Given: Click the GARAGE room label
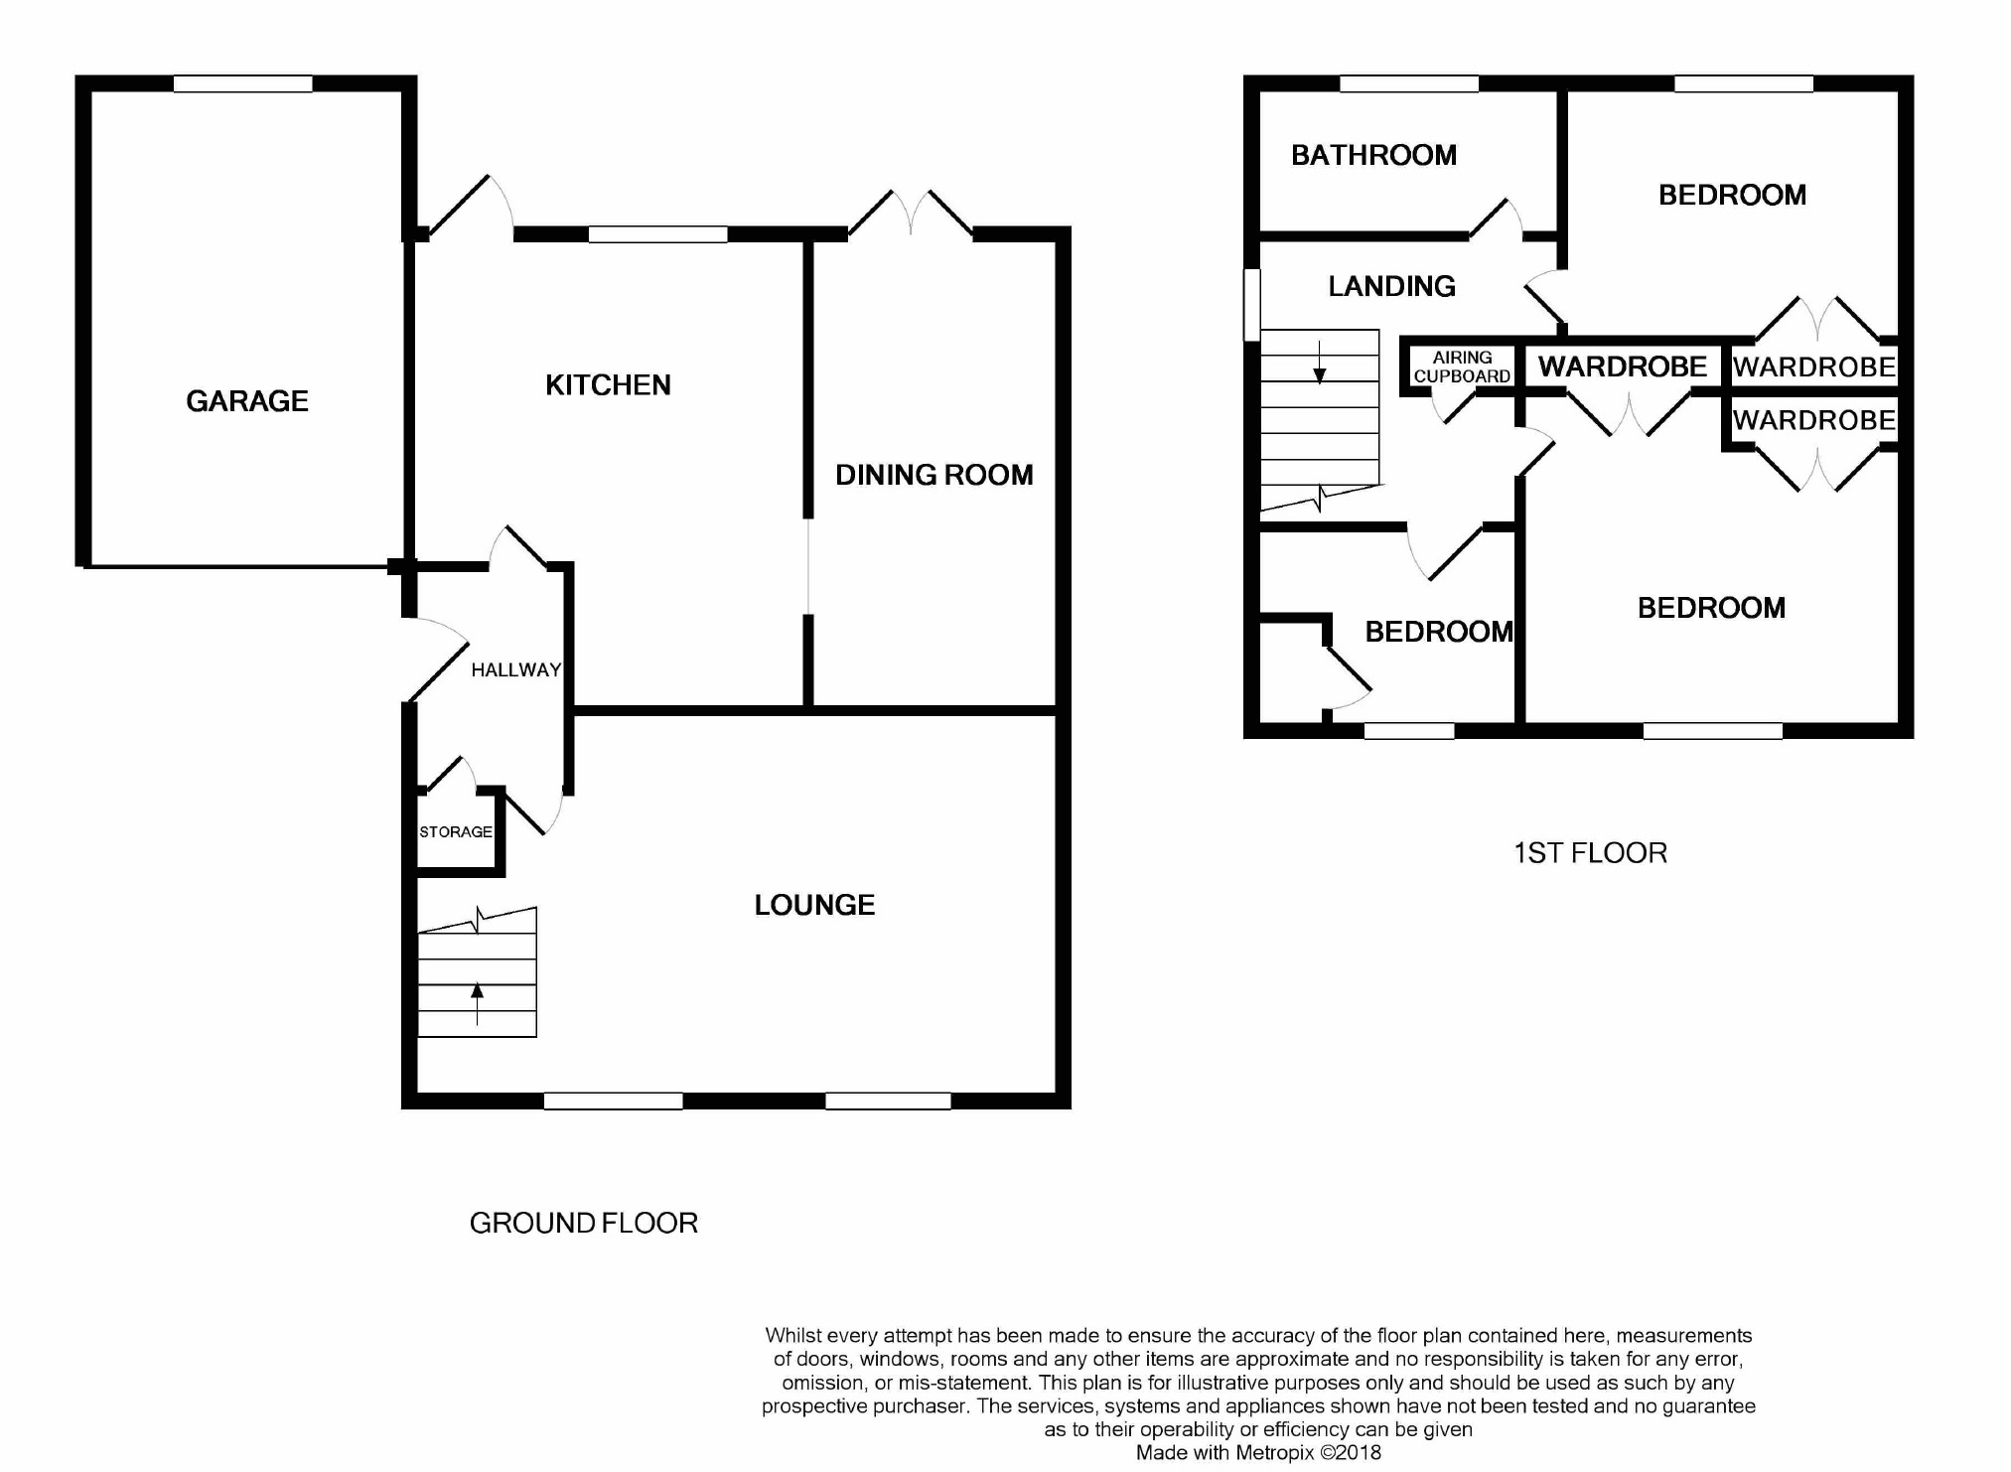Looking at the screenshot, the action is pos(247,401).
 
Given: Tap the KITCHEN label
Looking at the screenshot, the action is pos(608,385).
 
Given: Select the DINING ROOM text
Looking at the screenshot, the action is pos(934,475).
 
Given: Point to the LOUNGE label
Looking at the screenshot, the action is pos(814,905).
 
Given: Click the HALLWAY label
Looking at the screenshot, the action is pos(516,670).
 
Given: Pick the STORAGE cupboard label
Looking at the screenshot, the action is pos(456,832).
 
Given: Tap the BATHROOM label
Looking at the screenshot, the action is pos(1373,155).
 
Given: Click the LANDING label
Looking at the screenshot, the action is pos(1391,286).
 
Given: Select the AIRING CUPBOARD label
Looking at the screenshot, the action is pos(1462,367).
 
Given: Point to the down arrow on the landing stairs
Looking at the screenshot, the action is pos(1320,362).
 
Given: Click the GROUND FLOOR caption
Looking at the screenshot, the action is pos(584,1223).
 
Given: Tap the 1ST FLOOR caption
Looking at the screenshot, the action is pos(1590,853).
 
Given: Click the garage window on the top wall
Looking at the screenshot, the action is pos(243,84).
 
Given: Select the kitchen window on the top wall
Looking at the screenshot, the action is pos(657,234).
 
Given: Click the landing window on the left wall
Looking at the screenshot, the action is pos(1252,305).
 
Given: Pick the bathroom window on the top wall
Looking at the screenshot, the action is pos(1409,84).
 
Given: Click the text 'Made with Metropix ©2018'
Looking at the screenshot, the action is pos(1258,1453).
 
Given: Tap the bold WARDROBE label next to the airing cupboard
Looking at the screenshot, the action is pos(1623,367).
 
